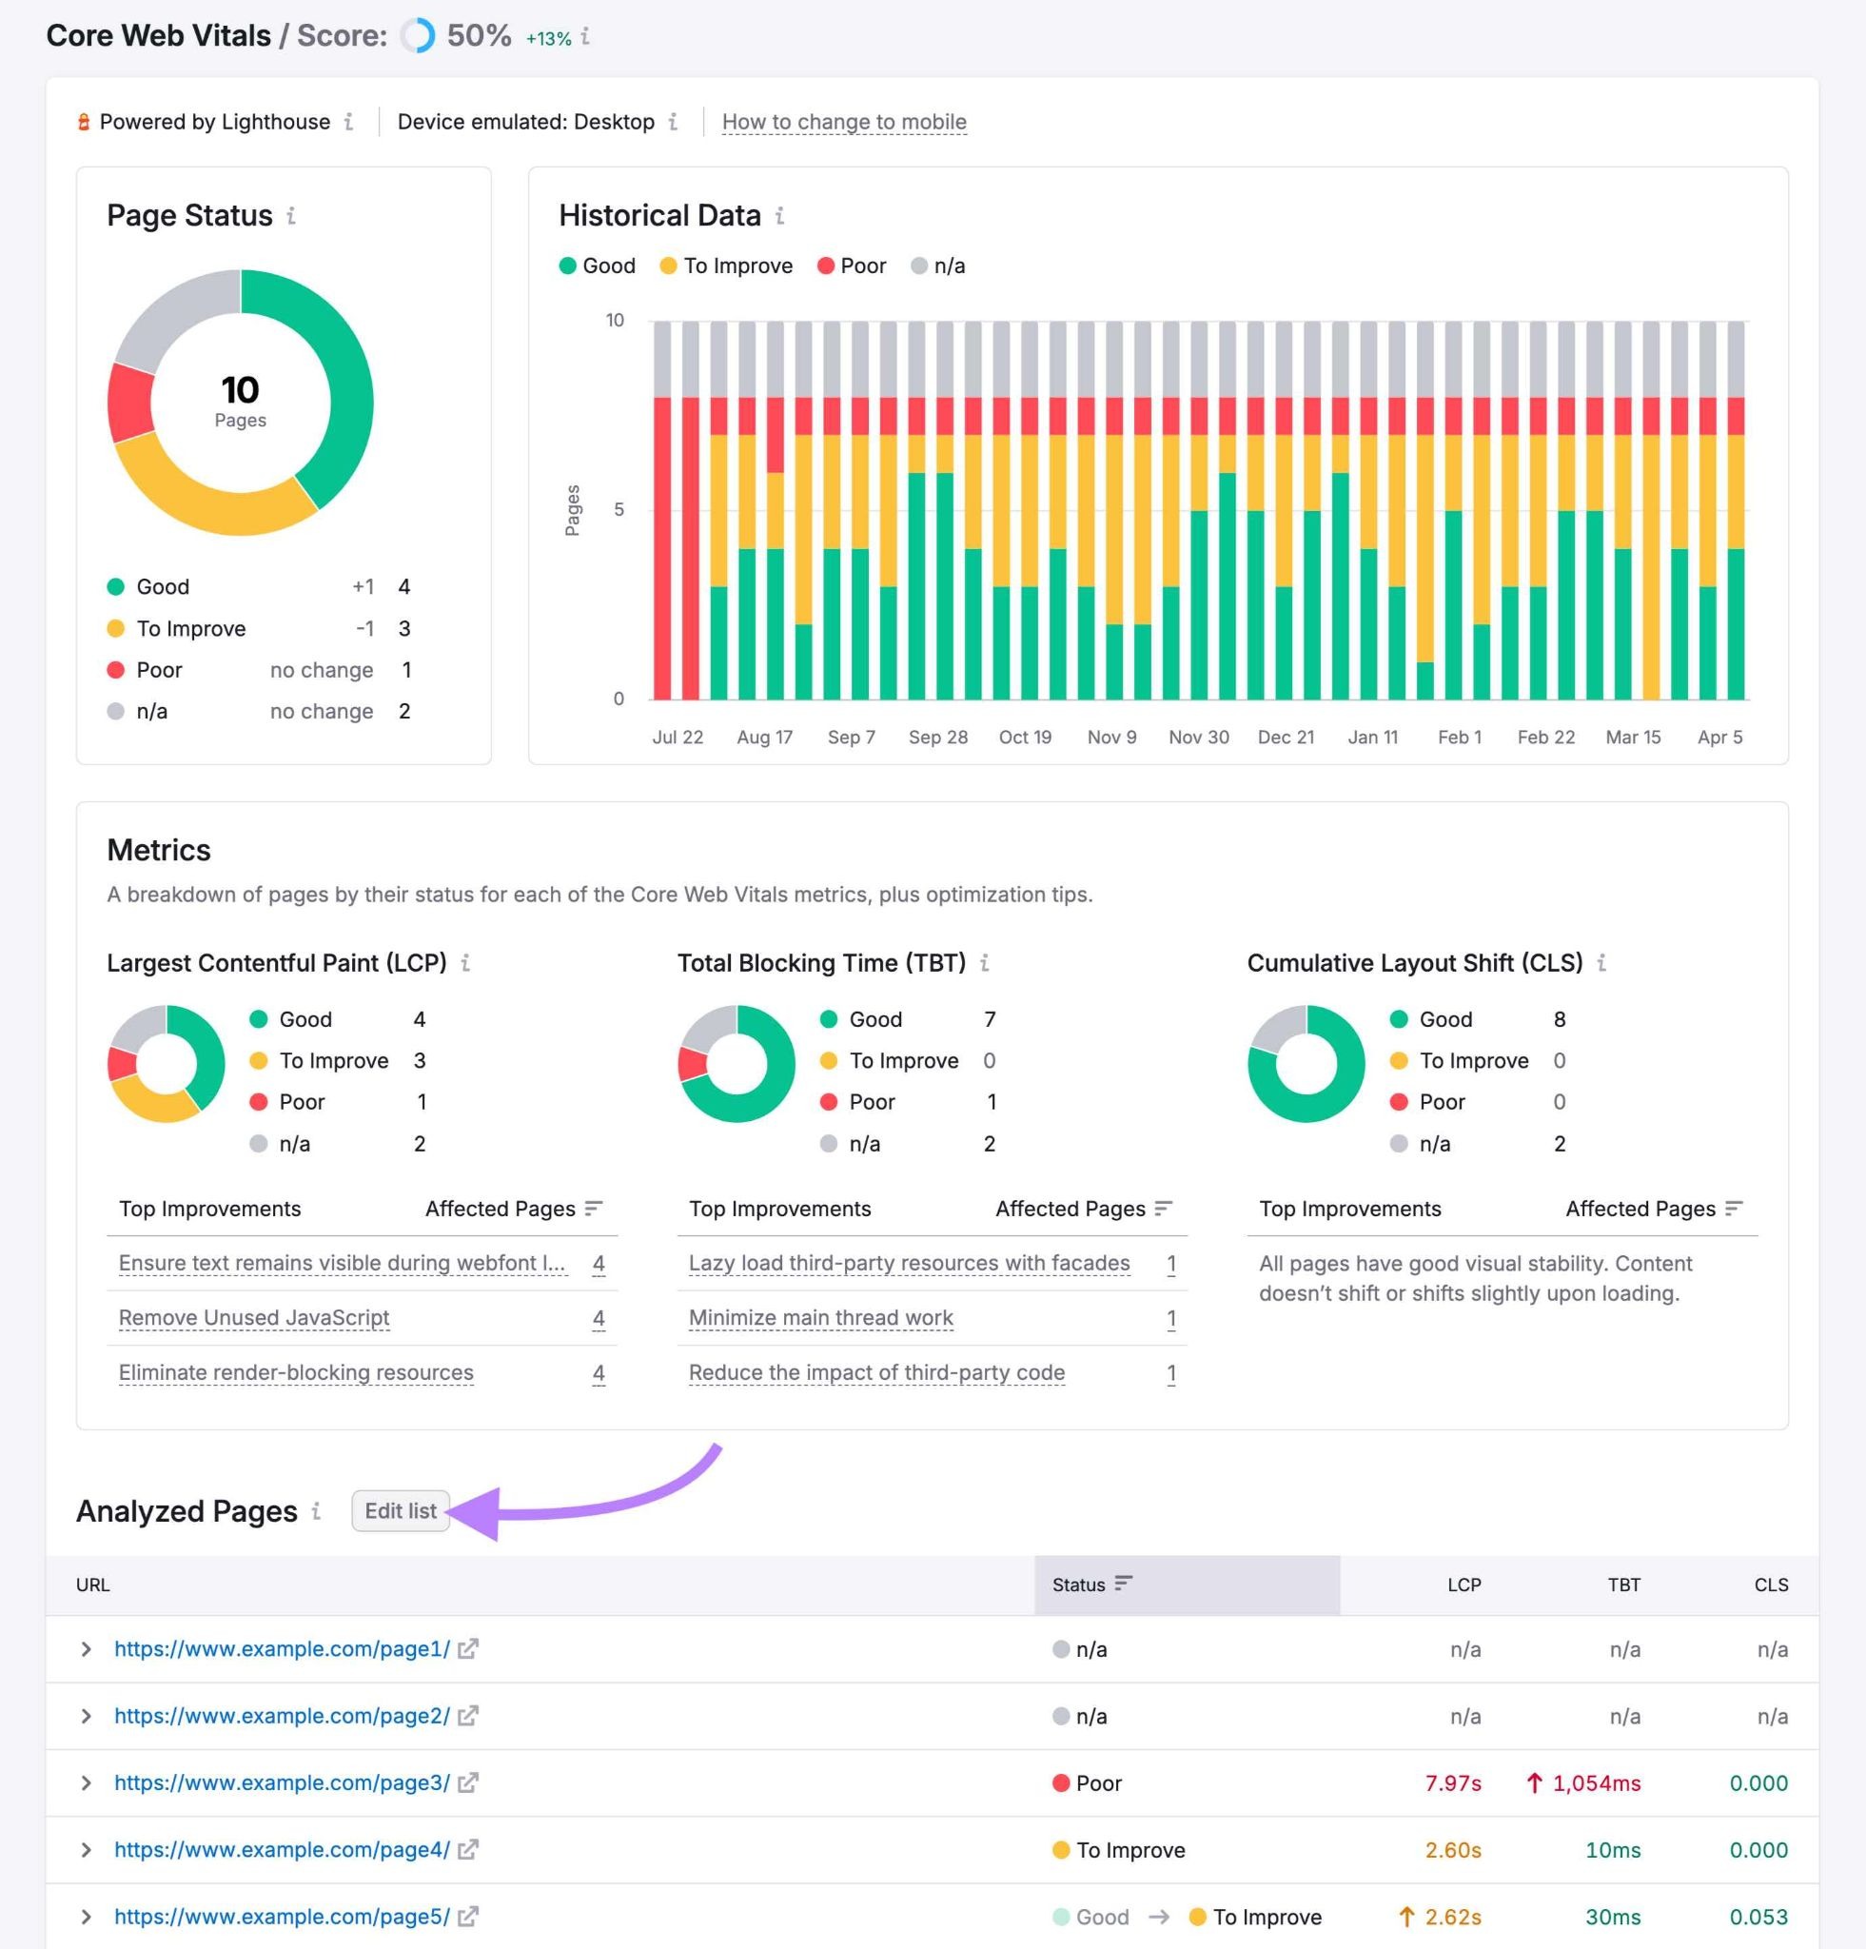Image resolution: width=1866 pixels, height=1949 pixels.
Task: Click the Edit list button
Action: click(x=400, y=1510)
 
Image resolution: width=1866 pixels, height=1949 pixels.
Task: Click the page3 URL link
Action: click(x=282, y=1783)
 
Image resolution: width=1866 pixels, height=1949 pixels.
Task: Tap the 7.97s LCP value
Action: click(x=1452, y=1783)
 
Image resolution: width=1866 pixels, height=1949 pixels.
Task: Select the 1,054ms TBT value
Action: click(x=1596, y=1783)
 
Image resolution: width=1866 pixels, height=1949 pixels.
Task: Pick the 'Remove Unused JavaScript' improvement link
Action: click(x=253, y=1317)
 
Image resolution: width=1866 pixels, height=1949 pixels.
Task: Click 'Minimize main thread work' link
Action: click(x=820, y=1317)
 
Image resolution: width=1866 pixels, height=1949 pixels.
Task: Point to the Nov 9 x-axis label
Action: click(x=1111, y=737)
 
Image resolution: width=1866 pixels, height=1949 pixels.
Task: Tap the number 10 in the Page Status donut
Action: click(x=240, y=389)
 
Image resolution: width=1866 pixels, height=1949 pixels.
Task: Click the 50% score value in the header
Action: click(x=479, y=36)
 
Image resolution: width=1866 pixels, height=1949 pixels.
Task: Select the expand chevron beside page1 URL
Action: click(x=87, y=1648)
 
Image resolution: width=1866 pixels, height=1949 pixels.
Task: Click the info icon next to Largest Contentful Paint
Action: click(x=465, y=962)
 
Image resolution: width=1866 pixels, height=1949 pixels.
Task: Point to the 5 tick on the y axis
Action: click(x=619, y=509)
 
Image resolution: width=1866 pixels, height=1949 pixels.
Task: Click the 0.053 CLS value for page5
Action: click(x=1758, y=1917)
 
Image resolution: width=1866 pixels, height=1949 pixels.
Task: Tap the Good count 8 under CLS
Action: click(x=1559, y=1019)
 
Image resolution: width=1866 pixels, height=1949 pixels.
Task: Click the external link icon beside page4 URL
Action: click(x=467, y=1850)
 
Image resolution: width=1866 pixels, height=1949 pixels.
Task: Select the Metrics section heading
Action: click(x=158, y=850)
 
